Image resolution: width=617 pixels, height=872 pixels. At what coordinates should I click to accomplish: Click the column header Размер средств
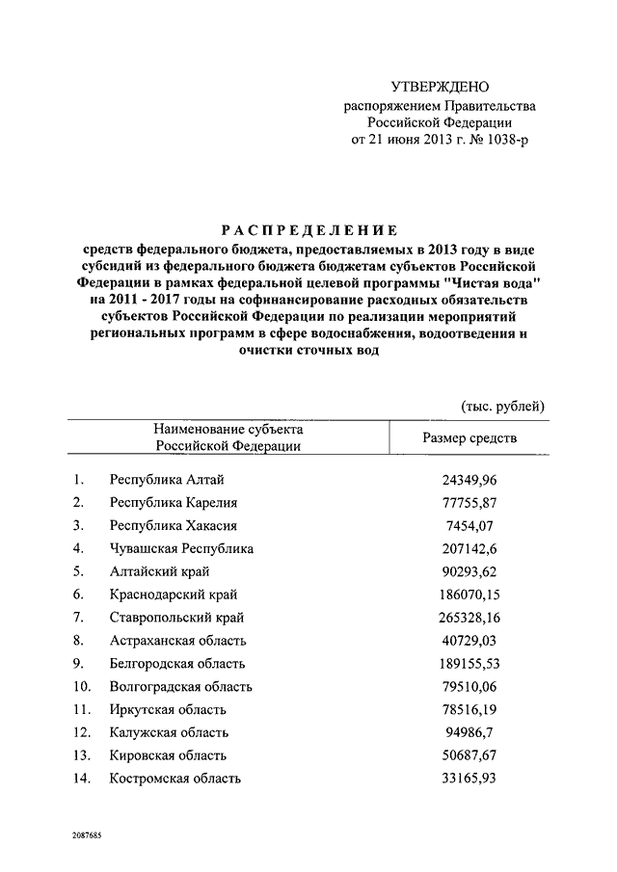(x=469, y=437)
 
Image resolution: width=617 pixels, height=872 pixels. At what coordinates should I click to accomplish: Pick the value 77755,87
(x=472, y=503)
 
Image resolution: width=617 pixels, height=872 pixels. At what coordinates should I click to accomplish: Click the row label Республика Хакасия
(x=174, y=526)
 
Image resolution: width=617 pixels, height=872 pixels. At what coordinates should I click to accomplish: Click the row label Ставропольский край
(x=176, y=618)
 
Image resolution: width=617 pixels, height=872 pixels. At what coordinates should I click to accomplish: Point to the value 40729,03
(x=472, y=641)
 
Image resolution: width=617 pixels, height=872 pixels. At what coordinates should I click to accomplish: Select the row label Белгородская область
(x=178, y=664)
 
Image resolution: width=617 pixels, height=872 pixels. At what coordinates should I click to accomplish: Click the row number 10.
(x=82, y=687)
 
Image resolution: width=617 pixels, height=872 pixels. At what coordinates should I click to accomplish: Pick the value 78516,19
(x=472, y=710)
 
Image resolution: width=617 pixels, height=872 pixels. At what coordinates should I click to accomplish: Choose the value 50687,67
(x=472, y=755)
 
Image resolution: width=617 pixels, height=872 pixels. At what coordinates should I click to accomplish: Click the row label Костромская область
(x=175, y=779)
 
